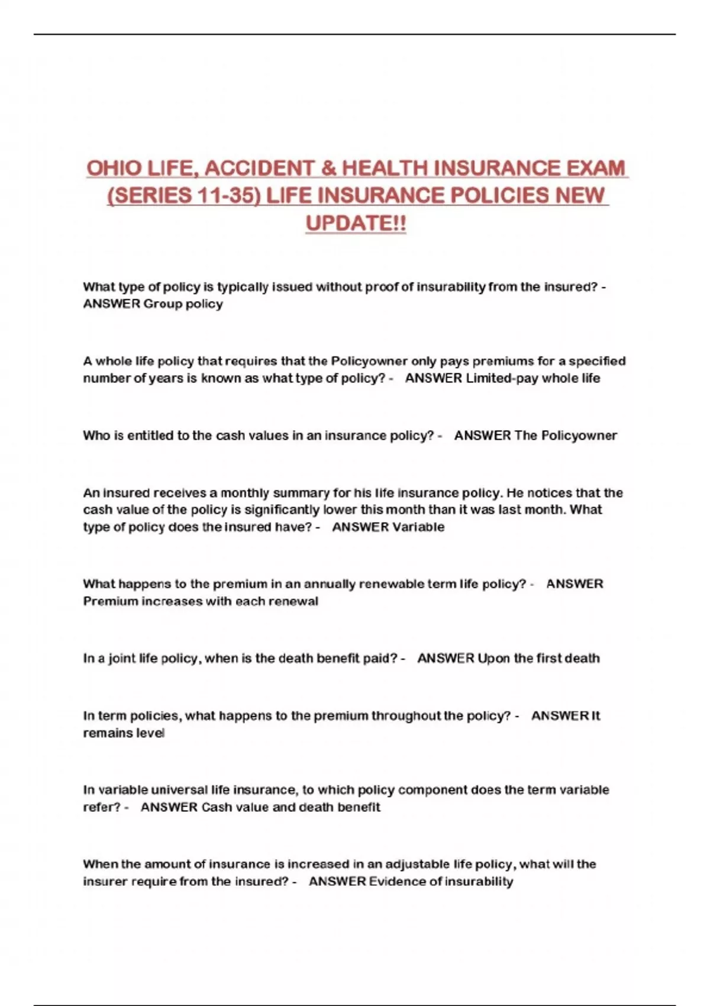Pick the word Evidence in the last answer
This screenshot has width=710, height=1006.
pos(396,882)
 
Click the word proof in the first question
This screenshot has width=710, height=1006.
pos(382,287)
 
